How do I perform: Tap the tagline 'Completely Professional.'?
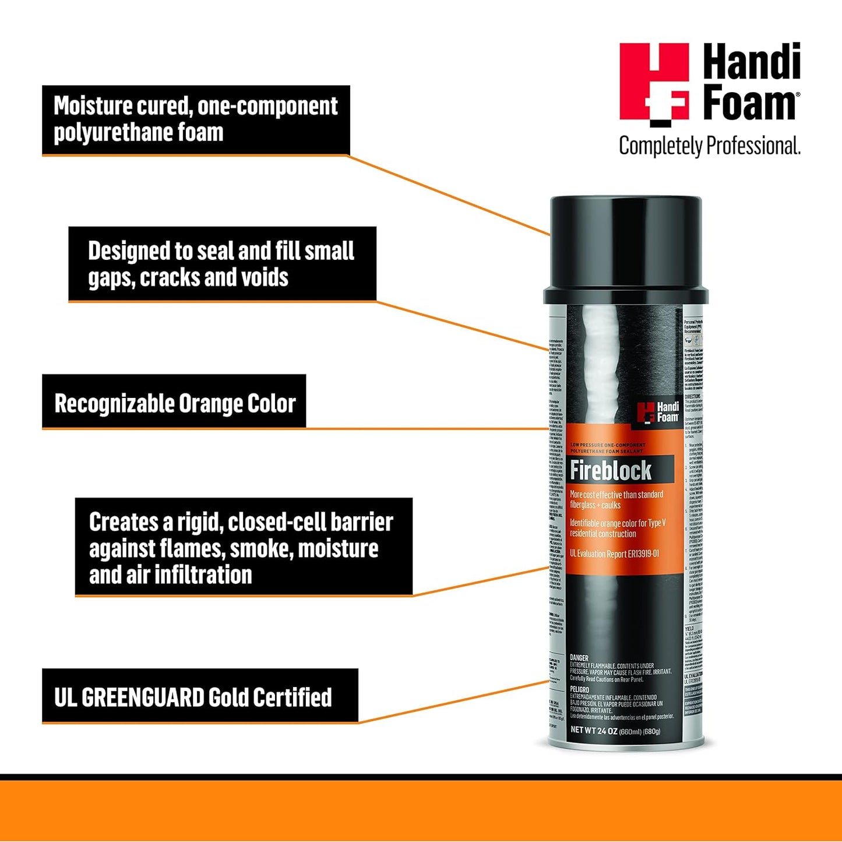[709, 146]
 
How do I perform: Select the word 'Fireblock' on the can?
[611, 470]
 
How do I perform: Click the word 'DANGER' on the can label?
[579, 658]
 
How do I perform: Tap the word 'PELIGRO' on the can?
[580, 689]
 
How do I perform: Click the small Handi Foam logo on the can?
[658, 412]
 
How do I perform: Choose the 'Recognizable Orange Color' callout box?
[174, 403]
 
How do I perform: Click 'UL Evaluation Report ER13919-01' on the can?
[614, 554]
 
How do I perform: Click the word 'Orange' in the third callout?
[211, 404]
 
